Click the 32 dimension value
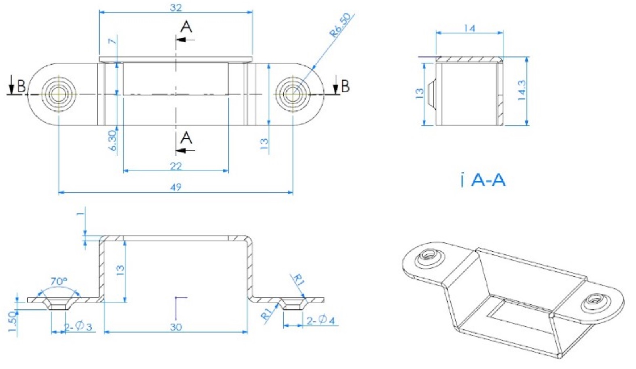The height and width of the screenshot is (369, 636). pos(176,8)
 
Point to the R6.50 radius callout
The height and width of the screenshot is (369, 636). pos(340,25)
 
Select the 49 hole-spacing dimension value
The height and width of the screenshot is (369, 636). pos(176,188)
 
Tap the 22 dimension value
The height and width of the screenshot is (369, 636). pos(176,166)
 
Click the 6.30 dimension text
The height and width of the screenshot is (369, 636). pos(113,140)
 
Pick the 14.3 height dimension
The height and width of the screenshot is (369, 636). pos(522,90)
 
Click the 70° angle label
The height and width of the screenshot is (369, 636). pos(59,281)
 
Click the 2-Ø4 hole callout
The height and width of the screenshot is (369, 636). pos(321,320)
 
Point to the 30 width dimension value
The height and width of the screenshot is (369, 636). pos(176,327)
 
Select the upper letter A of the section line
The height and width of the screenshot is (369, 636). pos(186,27)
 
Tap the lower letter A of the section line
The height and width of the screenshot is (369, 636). pos(186,138)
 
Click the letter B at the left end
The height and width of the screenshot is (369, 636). pos(21,86)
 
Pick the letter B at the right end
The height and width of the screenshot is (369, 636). pos(345,86)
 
